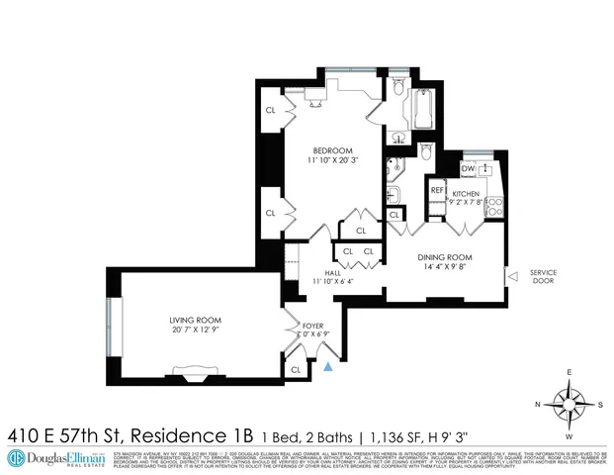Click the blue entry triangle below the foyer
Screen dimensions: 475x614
click(x=328, y=367)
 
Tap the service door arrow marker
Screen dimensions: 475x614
click(x=512, y=275)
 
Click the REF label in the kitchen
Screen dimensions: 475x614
click(x=437, y=189)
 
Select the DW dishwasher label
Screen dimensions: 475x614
click(x=467, y=168)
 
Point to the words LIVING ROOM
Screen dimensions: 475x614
click(x=194, y=321)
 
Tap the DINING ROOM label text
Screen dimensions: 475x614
click(x=446, y=255)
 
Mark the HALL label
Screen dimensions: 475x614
click(x=333, y=271)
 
